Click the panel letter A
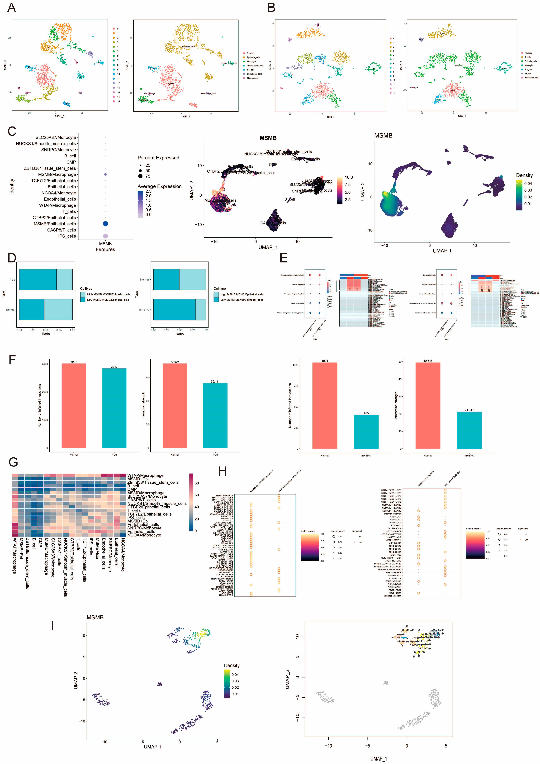(12, 7)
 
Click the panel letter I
(53, 625)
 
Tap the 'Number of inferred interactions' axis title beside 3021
(40, 405)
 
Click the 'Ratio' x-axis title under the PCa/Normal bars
(46, 334)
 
